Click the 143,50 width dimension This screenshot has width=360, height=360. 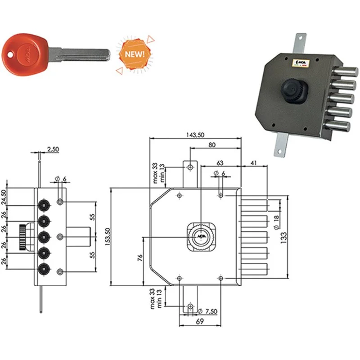(195, 135)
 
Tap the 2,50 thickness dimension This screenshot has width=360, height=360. (53, 149)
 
